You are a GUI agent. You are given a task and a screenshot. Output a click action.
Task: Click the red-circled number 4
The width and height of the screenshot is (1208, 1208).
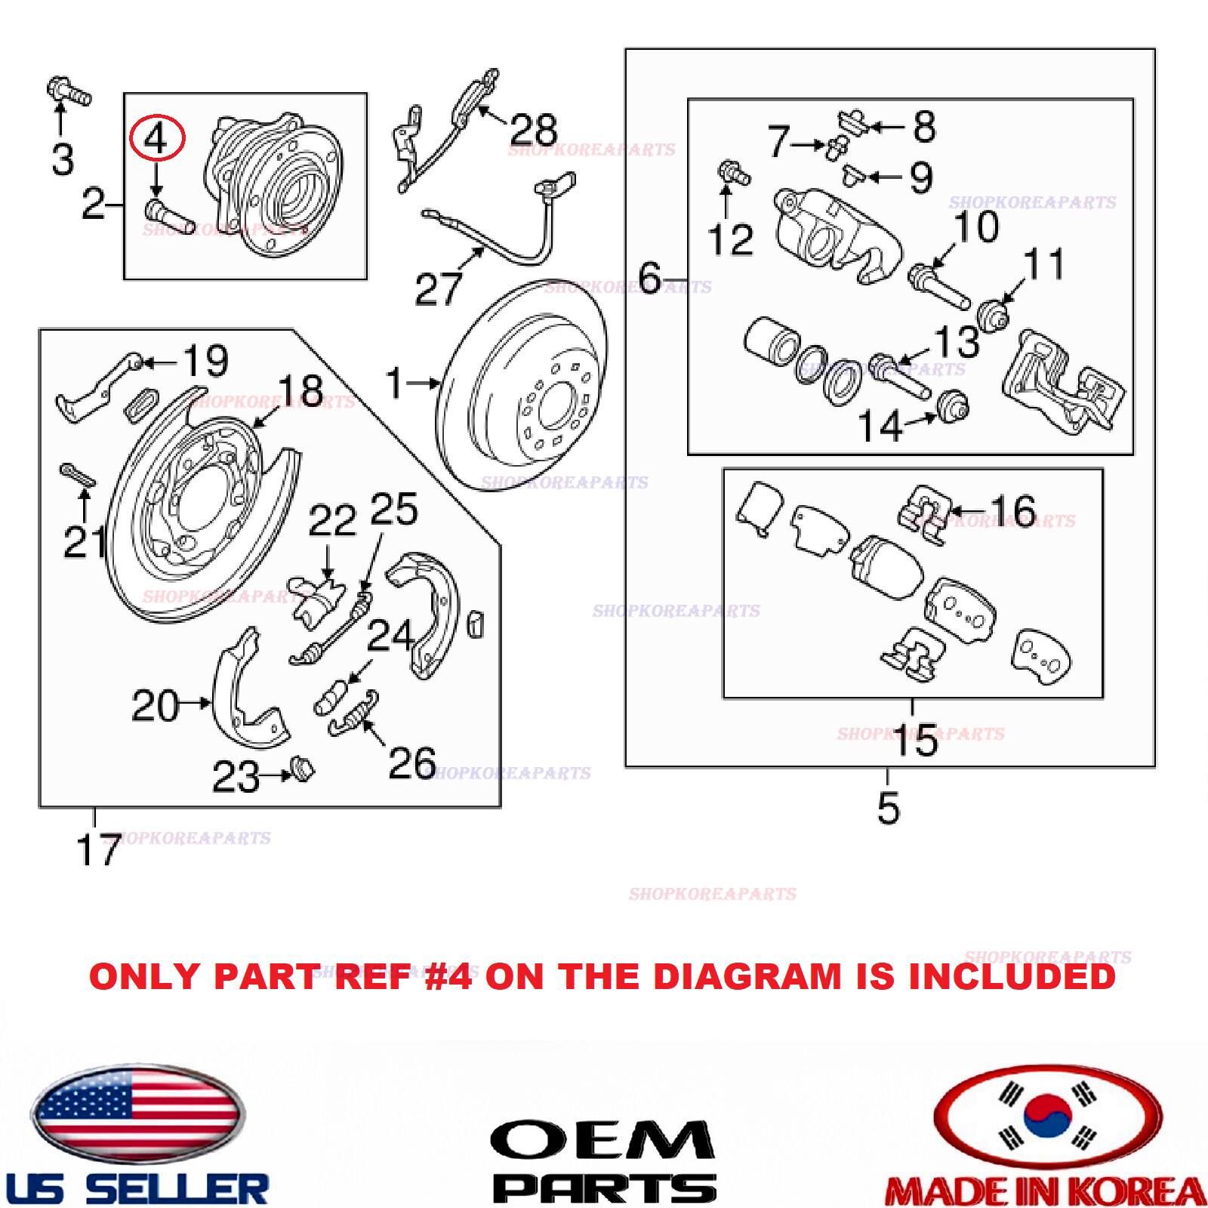[x=156, y=138]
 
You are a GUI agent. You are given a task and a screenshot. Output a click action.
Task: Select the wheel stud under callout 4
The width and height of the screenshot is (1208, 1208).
[x=168, y=215]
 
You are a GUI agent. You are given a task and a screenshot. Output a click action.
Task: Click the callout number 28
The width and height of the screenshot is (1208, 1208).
[x=533, y=130]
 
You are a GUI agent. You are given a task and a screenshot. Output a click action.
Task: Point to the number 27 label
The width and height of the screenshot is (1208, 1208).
[x=438, y=289]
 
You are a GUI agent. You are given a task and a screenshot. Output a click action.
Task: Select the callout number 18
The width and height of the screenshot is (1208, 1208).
[x=300, y=391]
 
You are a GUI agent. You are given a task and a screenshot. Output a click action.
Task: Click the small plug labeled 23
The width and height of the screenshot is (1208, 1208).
[x=303, y=769]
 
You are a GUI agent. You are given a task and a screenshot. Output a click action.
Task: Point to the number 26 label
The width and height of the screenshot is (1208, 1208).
[x=411, y=763]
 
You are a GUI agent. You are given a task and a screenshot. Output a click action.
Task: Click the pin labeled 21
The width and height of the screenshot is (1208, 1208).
[x=77, y=476]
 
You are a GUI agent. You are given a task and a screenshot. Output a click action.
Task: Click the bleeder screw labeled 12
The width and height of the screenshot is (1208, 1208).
[x=732, y=173]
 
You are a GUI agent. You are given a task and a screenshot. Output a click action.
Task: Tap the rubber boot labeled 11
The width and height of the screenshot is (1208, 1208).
[x=993, y=313]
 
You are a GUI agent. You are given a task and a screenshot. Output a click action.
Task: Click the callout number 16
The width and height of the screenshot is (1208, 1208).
[x=1012, y=511]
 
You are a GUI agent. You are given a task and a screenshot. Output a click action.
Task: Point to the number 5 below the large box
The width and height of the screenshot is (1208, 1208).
[x=888, y=809]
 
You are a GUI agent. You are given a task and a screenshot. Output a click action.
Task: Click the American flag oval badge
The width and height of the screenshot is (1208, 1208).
[x=137, y=1114]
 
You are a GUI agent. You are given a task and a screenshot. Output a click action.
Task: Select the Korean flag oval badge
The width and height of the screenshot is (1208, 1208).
[x=1047, y=1117]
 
